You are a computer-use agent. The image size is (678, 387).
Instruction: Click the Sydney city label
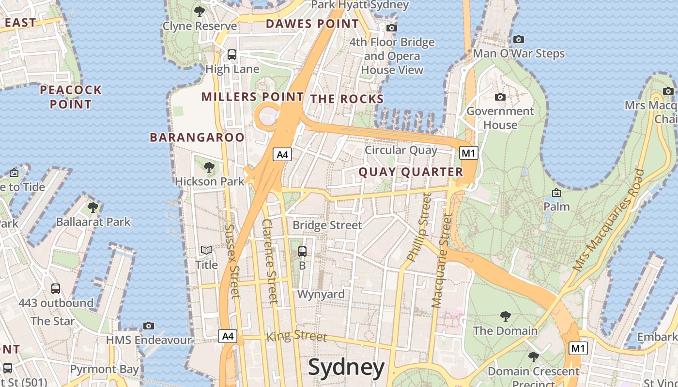[x=346, y=367]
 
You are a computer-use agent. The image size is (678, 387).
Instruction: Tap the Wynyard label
[x=321, y=294]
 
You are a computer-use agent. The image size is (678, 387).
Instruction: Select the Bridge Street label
[x=327, y=225]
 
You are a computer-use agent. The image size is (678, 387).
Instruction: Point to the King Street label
[x=297, y=335]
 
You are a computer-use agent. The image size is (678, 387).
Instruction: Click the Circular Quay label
[x=401, y=150]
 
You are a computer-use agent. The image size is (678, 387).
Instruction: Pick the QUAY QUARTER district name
[x=411, y=172]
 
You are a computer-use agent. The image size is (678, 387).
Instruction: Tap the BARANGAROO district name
[x=197, y=137]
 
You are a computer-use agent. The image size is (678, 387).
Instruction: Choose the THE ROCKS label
[x=347, y=99]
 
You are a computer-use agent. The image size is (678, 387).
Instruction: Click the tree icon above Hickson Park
[x=209, y=167]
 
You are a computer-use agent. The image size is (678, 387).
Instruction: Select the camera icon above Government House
[x=500, y=97]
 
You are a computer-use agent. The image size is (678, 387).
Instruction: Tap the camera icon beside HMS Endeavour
[x=149, y=326]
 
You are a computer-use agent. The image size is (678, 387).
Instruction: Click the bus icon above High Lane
[x=232, y=55]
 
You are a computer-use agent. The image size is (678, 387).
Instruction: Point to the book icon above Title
[x=206, y=251]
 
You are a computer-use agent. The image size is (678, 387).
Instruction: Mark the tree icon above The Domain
[x=505, y=316]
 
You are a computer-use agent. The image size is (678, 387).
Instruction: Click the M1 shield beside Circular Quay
[x=468, y=153]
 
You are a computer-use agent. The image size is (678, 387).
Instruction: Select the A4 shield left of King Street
[x=227, y=336]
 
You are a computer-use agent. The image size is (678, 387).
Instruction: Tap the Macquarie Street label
[x=442, y=261]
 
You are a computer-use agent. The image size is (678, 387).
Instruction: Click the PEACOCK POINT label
[x=71, y=97]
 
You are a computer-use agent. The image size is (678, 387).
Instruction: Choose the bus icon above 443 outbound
[x=56, y=289]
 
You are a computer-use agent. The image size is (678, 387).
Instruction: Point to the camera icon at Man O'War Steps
[x=519, y=39]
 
